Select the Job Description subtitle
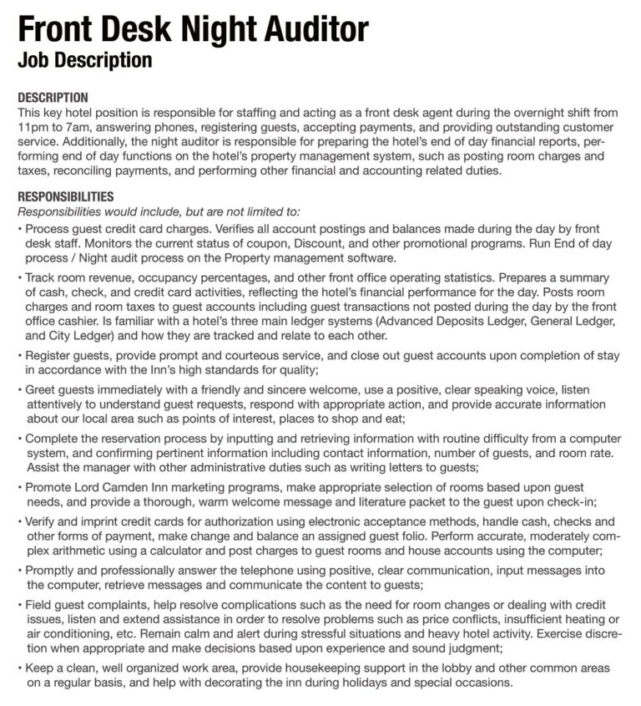click(x=84, y=60)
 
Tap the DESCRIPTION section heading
click(x=53, y=98)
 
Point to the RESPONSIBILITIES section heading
click(x=65, y=197)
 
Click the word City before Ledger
click(x=63, y=335)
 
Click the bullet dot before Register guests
click(x=19, y=355)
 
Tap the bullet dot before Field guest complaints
click(x=19, y=604)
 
